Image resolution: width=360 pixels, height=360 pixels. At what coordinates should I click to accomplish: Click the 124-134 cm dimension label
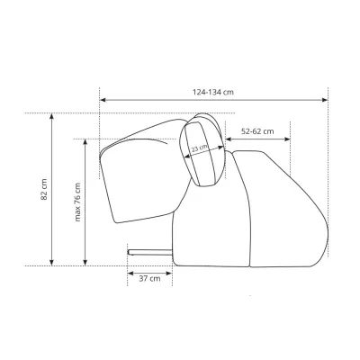[213, 92]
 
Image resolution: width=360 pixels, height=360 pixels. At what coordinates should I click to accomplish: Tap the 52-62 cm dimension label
[257, 131]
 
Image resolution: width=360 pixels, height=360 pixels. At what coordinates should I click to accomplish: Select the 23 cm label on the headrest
[200, 148]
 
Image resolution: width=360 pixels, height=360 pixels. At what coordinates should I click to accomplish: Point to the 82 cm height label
[44, 189]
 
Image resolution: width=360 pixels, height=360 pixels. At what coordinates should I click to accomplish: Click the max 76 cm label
[77, 202]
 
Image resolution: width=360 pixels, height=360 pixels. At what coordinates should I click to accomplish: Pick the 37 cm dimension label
[149, 278]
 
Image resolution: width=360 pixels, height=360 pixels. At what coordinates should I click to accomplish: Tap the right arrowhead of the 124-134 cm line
[324, 100]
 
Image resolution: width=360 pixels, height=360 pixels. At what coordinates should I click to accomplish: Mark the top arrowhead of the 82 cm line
[52, 116]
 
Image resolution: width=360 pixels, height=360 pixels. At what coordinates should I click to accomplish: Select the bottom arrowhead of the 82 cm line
[52, 263]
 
